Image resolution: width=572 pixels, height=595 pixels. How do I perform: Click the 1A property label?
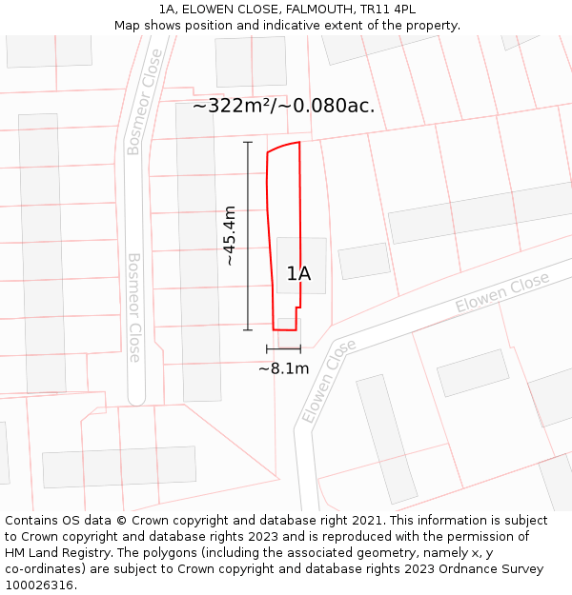298,274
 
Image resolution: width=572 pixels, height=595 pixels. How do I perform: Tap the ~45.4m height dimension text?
230,235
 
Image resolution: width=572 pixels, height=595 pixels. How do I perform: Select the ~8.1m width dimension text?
283,368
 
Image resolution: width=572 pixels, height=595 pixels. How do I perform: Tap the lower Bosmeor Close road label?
134,307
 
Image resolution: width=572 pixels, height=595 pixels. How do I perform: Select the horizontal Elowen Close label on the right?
502,292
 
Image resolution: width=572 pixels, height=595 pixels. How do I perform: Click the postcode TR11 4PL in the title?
389,10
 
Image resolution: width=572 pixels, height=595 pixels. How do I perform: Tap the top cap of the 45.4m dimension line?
248,143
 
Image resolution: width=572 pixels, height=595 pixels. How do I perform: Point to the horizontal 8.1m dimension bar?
283,349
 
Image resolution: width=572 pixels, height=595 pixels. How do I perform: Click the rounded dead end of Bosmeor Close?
136,399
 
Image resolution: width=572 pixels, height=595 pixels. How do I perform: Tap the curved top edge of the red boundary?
283,146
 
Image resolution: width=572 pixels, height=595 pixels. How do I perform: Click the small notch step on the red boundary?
298,307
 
